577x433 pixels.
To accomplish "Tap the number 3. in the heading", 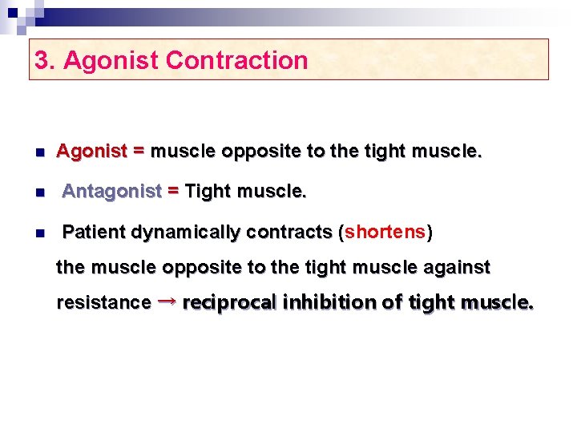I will coord(45,60).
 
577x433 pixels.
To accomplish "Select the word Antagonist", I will coord(112,191).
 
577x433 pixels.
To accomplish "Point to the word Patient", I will coord(95,233).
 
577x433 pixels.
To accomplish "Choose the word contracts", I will coord(289,233).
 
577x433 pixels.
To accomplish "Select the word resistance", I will coord(103,303).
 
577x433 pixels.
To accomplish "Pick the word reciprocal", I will coord(229,303).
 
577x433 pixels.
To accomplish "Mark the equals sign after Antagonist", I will coord(173,191).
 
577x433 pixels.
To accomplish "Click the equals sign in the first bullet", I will coord(139,150).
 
